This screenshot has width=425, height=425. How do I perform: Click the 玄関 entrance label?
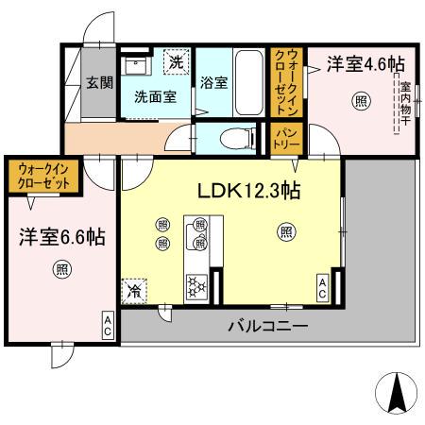click(94, 82)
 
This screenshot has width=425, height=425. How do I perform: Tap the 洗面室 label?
click(154, 96)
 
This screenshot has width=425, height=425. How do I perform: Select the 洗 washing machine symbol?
click(176, 62)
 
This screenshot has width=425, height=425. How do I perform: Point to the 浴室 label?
click(213, 82)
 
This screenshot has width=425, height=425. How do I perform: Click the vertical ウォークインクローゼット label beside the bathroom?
click(285, 81)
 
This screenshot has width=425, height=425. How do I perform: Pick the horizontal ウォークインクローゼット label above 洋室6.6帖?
click(43, 177)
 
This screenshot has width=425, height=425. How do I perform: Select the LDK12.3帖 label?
click(248, 190)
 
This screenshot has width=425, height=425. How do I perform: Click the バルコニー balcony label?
click(266, 327)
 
